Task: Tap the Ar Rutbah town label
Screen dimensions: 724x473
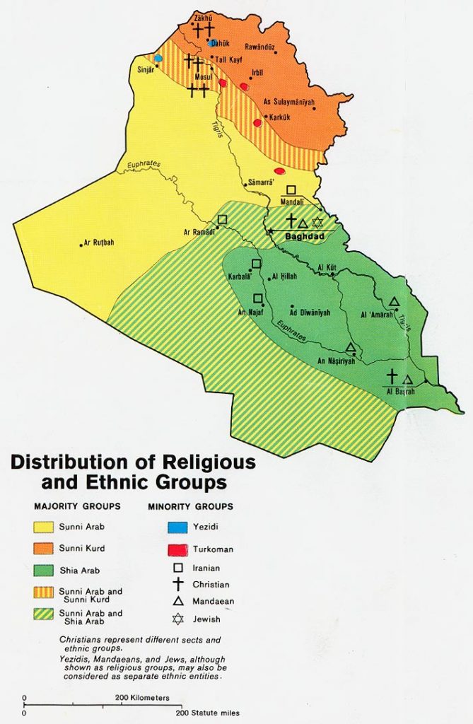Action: pyautogui.click(x=99, y=243)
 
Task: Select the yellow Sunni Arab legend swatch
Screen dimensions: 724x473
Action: pyautogui.click(x=48, y=527)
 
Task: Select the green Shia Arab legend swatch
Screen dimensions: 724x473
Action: pyautogui.click(x=48, y=570)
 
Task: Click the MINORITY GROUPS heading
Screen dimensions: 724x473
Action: pyautogui.click(x=190, y=506)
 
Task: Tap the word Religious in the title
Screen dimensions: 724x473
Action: pyautogui.click(x=204, y=463)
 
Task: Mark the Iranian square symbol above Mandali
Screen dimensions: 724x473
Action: pyautogui.click(x=291, y=189)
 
